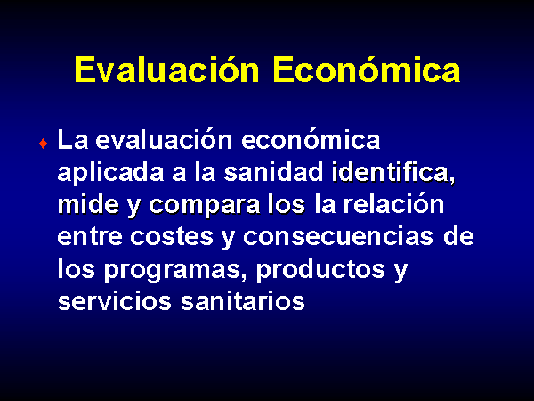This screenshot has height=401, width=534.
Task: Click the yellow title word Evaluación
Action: point(167,70)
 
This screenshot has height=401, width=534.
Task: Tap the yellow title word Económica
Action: point(367,70)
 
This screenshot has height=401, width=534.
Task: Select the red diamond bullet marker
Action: point(43,143)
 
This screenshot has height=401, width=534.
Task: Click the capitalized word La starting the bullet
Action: point(73,140)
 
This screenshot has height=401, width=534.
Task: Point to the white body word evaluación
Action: point(164,140)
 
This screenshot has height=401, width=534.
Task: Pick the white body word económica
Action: point(311,140)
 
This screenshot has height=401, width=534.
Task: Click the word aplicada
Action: point(110,173)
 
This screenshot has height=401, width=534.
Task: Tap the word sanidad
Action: point(273,172)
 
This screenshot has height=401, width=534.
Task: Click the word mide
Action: point(88,205)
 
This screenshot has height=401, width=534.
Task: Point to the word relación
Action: point(393,204)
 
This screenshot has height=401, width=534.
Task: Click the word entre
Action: point(90,237)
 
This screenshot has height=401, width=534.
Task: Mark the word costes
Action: point(172,237)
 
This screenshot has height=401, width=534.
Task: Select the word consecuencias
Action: point(338,237)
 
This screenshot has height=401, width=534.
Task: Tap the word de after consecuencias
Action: point(458,236)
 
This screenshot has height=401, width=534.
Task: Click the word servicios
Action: point(115,301)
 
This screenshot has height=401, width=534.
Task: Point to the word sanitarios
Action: point(242,301)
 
